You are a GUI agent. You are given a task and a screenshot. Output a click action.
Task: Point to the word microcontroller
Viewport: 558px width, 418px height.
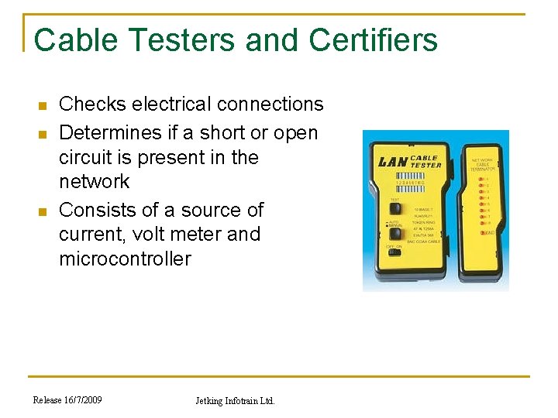click(125, 259)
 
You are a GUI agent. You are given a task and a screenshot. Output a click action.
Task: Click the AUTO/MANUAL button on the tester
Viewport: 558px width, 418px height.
click(396, 232)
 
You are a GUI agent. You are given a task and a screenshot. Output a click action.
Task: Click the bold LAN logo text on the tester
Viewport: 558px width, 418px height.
click(393, 162)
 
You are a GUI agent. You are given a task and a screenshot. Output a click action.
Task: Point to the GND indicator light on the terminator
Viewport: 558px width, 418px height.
click(482, 232)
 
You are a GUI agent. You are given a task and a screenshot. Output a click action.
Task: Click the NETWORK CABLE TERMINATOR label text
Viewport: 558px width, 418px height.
click(482, 164)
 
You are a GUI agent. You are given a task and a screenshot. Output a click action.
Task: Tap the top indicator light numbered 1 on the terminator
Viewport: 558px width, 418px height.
click(481, 180)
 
